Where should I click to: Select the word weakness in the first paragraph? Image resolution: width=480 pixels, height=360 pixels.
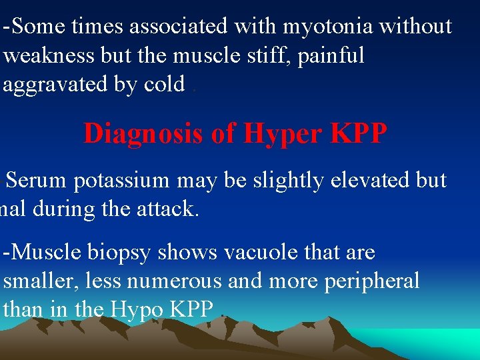50,56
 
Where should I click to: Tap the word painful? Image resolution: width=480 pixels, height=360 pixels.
331,56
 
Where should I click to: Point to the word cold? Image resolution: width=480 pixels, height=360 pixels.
164,85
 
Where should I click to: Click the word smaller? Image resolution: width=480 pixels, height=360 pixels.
41,281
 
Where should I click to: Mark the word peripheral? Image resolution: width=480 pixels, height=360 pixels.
371,281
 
